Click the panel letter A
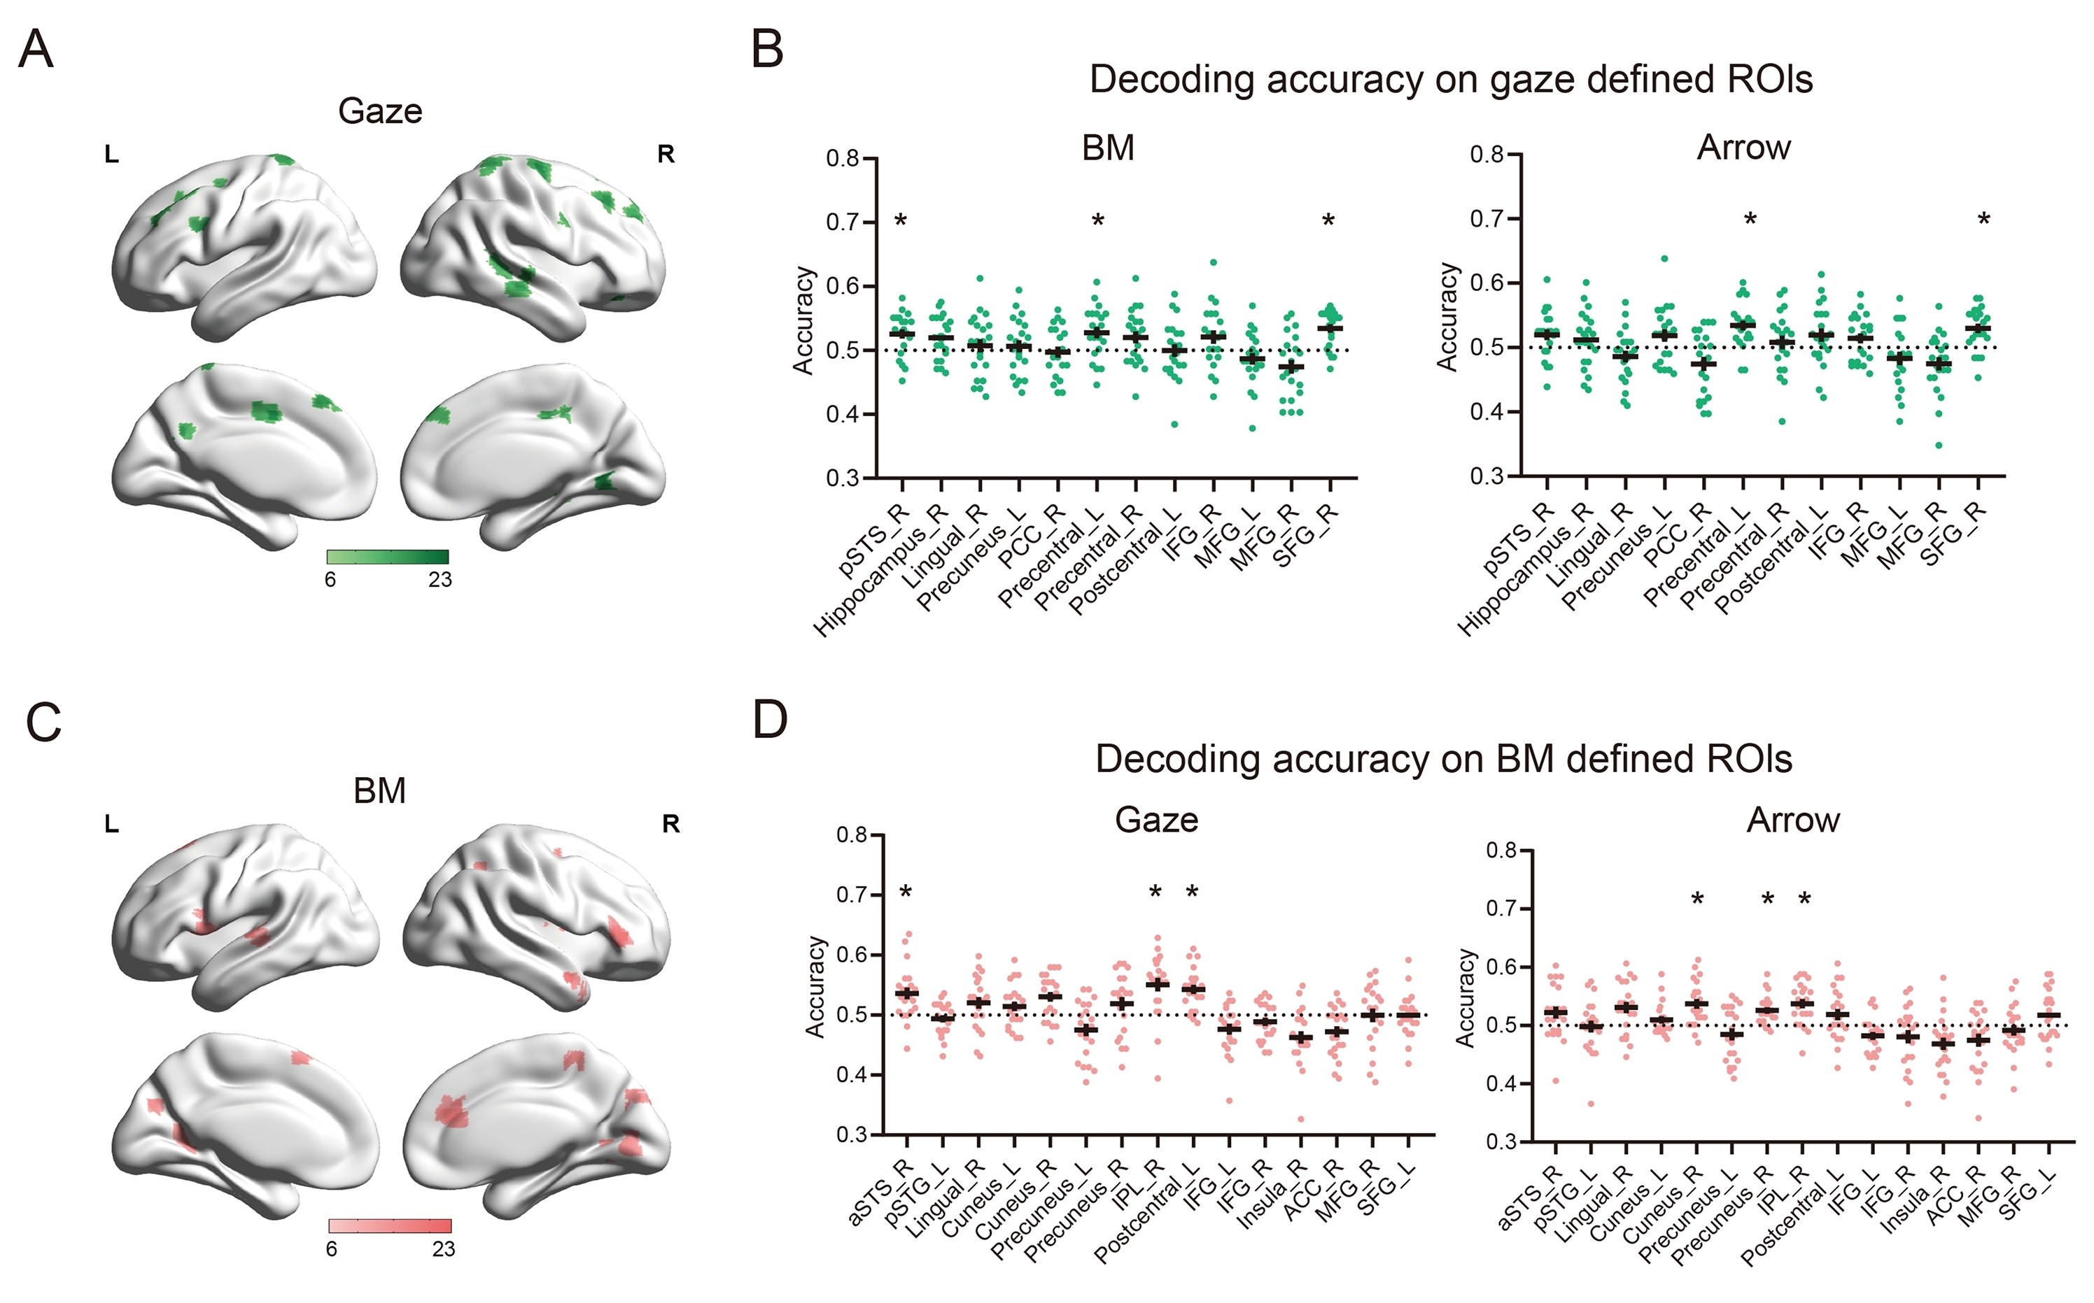pos(36,49)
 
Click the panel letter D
pos(769,720)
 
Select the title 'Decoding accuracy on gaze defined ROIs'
pos(1451,79)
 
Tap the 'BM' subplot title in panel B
pos(1108,148)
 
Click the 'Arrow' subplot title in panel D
pos(1793,820)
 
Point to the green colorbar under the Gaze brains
pos(388,557)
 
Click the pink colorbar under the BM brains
pos(390,1226)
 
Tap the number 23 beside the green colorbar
pos(440,580)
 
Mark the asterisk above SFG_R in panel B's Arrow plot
pos(1983,220)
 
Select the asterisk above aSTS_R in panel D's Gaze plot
pos(905,892)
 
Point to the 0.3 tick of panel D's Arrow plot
pos(1503,1142)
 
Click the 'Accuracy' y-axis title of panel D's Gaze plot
pos(815,986)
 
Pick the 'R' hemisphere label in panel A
pos(666,155)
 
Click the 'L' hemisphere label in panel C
pos(111,825)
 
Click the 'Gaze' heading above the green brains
pos(380,111)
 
